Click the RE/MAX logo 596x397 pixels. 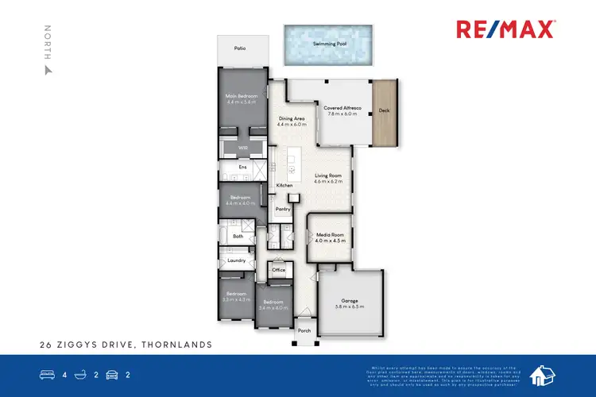point(506,29)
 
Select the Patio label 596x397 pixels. point(239,49)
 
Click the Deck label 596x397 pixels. point(384,110)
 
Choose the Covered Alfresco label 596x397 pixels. point(343,107)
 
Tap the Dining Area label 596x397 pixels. point(292,118)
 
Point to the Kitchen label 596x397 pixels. point(284,186)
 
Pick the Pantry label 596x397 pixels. point(282,210)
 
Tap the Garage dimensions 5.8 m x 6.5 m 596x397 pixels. point(350,306)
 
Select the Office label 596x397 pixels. point(278,270)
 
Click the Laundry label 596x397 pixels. point(236,260)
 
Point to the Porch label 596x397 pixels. point(304,331)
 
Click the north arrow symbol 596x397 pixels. point(48,69)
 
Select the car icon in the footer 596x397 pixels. point(112,373)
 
